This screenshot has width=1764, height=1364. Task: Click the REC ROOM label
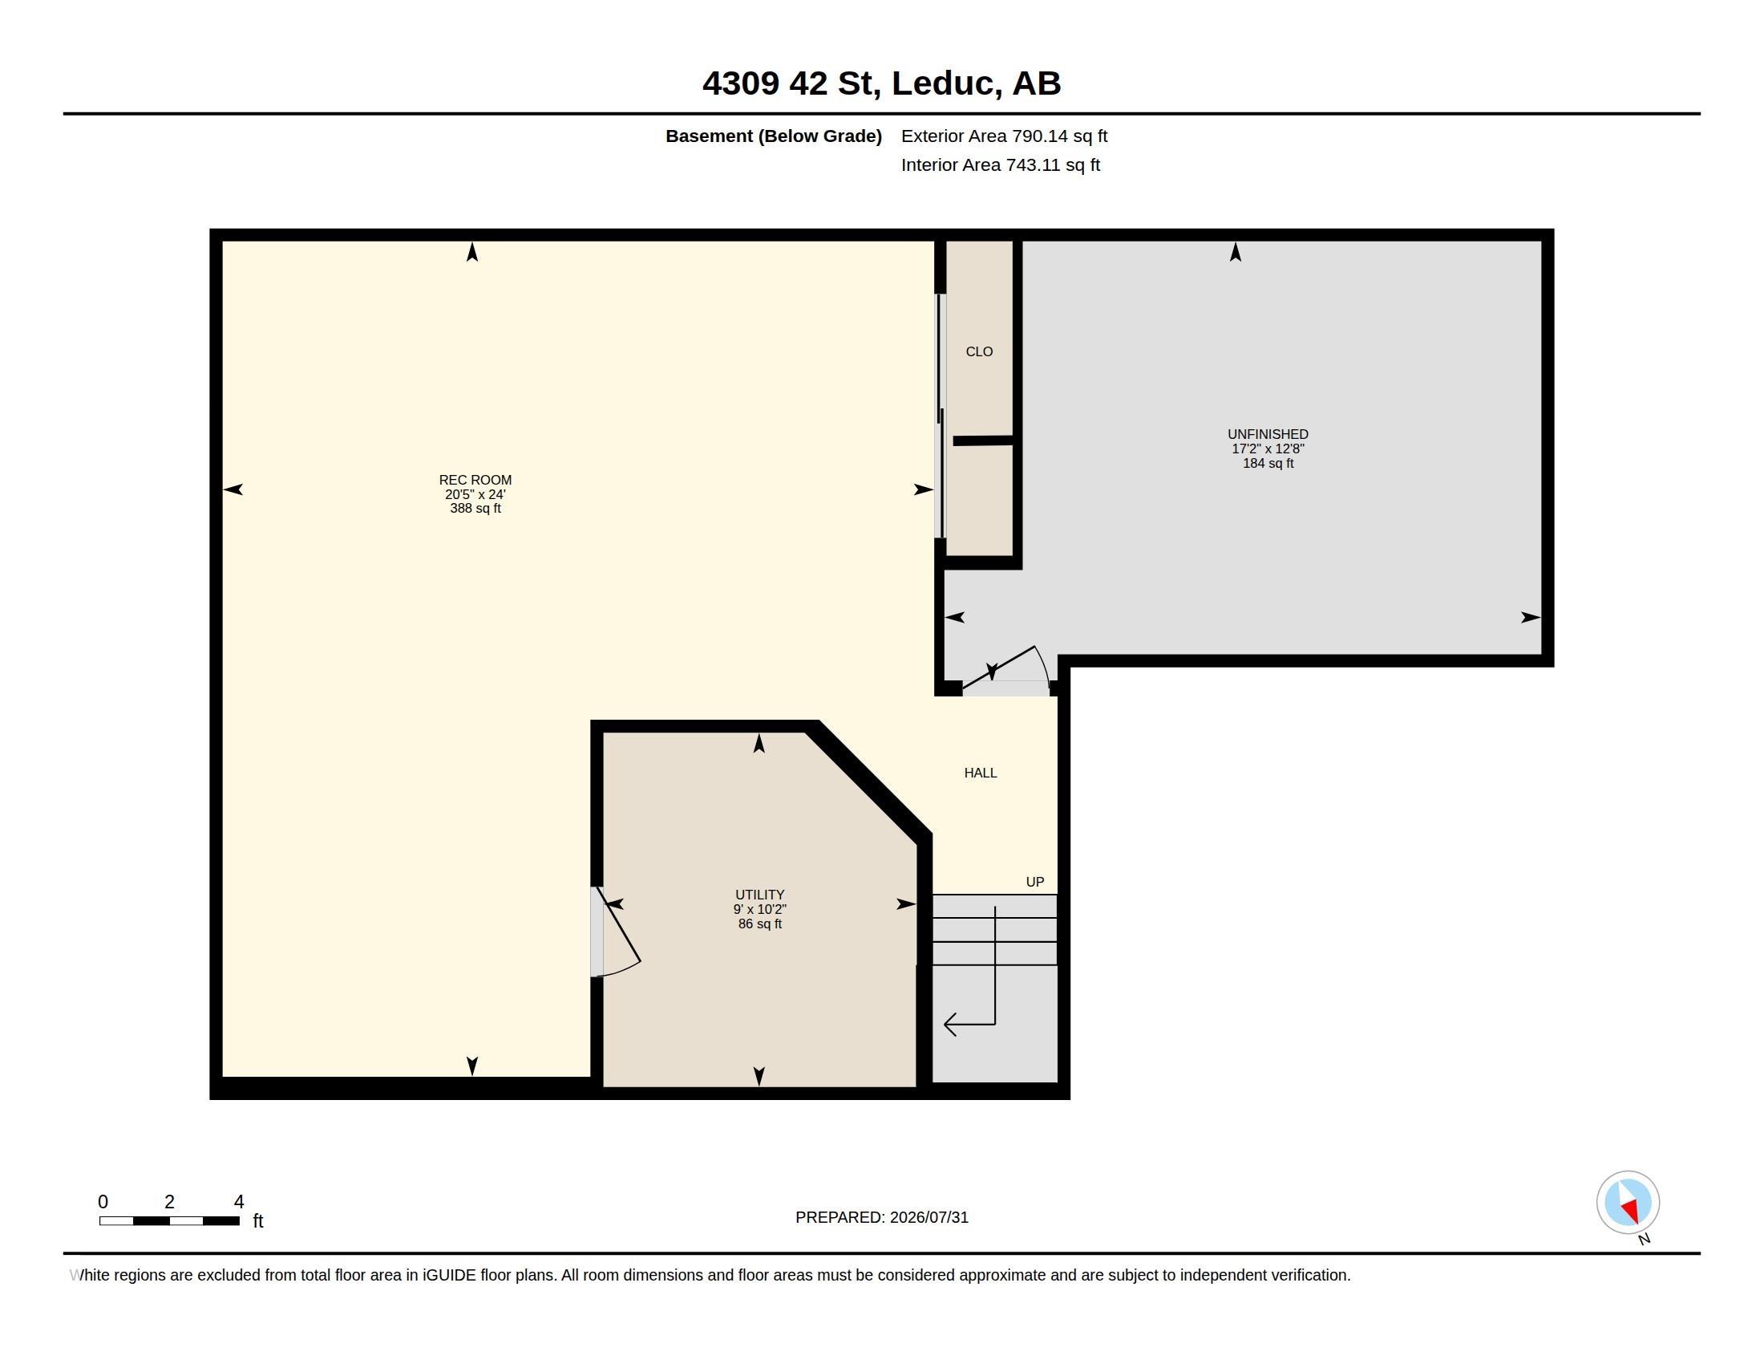[475, 480]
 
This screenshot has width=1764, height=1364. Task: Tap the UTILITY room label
[759, 895]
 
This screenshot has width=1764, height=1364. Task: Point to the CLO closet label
[979, 351]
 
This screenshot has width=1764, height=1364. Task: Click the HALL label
[981, 773]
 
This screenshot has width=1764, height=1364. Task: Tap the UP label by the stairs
[1034, 882]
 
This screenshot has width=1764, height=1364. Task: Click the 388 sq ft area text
[475, 508]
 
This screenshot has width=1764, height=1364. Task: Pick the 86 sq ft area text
[760, 924]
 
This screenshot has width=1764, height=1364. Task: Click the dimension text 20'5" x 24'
[475, 494]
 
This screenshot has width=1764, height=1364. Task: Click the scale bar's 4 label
[239, 1202]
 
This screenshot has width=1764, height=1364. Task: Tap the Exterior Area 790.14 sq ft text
[1004, 136]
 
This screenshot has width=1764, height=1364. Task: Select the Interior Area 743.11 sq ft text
[1001, 164]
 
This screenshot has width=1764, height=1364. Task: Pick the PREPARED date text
[882, 1217]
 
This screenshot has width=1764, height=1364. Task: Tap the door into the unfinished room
[1005, 669]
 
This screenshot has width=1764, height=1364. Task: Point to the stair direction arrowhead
[950, 1025]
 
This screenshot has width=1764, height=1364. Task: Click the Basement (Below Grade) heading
[774, 136]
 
